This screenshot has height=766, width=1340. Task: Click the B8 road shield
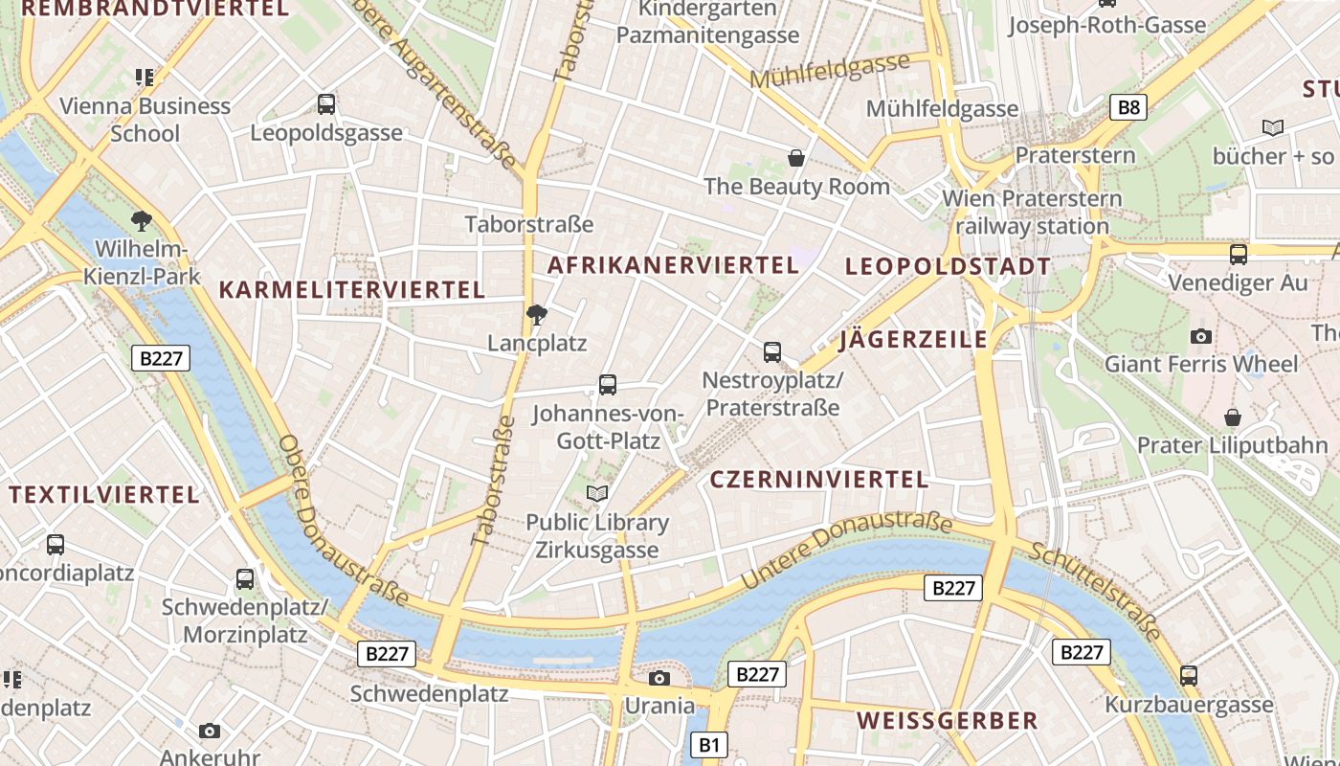(x=1129, y=106)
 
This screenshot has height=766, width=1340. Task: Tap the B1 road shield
(x=709, y=744)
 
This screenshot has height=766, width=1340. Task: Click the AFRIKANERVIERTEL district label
(x=672, y=265)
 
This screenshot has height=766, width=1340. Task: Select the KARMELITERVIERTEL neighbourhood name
(x=352, y=289)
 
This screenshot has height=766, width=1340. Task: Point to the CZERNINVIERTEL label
(x=818, y=480)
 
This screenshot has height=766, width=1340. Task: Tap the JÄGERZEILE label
(x=913, y=340)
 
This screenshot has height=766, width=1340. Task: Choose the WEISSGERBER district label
(x=947, y=721)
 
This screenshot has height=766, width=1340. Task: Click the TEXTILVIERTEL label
(x=104, y=495)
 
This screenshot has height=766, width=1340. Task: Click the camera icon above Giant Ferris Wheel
(x=1200, y=336)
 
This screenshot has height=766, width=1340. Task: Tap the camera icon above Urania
(x=659, y=679)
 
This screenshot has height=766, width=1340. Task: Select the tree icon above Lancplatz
(x=537, y=314)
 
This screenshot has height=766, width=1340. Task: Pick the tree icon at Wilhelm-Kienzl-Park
(x=142, y=221)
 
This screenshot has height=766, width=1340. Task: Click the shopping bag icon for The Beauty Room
(x=795, y=157)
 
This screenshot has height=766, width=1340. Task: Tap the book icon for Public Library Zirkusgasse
(x=597, y=493)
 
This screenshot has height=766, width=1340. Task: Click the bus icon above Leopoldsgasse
(x=326, y=103)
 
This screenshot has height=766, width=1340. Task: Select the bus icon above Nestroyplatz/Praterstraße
(x=772, y=351)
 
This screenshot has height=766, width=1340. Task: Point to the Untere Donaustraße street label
(x=846, y=549)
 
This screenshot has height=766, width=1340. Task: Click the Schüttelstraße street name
(x=1095, y=590)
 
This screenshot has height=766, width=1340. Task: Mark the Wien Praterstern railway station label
(x=1032, y=213)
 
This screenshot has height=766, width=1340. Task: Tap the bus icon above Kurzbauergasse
(x=1189, y=675)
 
